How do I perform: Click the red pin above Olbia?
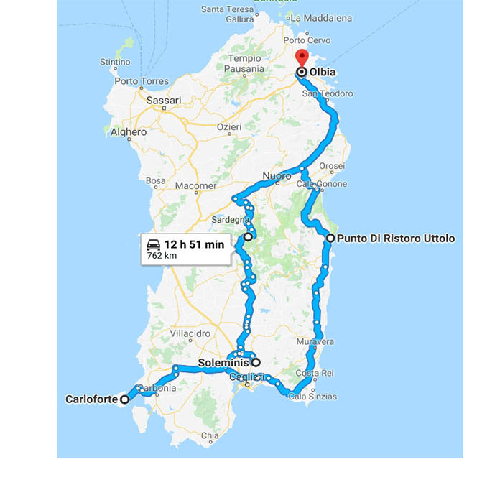tap(302, 57)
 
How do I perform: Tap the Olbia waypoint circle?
tap(302, 72)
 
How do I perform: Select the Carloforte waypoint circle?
tap(124, 399)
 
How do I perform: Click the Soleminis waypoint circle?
tap(255, 363)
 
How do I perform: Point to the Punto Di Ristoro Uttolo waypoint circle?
tap(330, 238)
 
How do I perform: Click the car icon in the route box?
tap(153, 244)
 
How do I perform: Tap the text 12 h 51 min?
tap(194, 244)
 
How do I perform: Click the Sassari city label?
tap(164, 101)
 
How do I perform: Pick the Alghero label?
tap(129, 132)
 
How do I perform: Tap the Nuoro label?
tap(277, 176)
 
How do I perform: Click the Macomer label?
tap(195, 185)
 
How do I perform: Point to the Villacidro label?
tap(190, 334)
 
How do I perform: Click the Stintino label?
tap(115, 63)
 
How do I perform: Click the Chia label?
tap(210, 435)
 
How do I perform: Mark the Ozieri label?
tap(230, 126)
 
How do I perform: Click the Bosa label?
tap(155, 181)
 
